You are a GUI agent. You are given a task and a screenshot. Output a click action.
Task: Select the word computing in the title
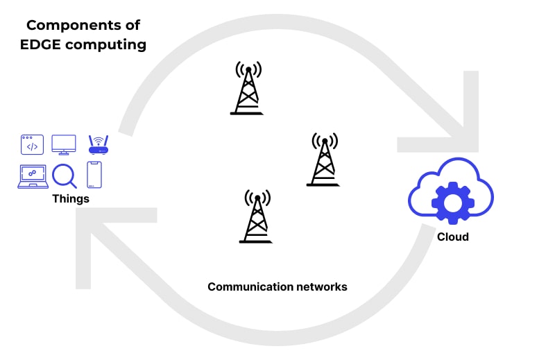[108, 45]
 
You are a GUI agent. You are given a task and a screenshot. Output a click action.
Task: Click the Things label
[71, 199]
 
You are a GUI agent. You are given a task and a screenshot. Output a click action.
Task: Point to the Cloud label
[452, 237]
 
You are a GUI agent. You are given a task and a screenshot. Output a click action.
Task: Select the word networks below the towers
[321, 286]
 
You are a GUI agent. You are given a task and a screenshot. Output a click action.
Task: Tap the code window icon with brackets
[32, 144]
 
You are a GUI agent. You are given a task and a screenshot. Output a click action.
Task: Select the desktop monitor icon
[64, 144]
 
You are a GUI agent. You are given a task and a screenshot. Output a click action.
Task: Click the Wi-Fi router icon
[98, 144]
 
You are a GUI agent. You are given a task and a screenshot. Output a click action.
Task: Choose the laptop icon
[32, 176]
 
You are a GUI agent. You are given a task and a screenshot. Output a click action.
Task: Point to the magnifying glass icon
[64, 175]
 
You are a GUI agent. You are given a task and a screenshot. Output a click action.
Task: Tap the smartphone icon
[94, 175]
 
